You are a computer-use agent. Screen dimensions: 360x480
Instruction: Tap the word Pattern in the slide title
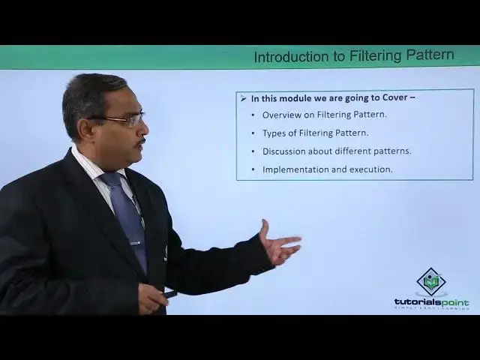coord(429,56)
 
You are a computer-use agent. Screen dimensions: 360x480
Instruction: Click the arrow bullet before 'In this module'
coord(242,98)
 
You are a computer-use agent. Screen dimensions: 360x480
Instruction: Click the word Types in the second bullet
coord(274,133)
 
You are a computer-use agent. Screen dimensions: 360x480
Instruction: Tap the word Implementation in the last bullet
coord(295,169)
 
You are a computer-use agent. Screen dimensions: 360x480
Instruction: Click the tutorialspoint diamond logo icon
coord(431,282)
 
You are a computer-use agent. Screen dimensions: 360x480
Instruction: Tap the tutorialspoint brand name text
coord(431,302)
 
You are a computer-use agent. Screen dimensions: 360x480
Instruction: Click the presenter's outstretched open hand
coord(279,246)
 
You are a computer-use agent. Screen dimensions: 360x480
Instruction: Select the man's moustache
coord(140,141)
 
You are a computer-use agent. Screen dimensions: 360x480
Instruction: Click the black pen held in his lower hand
coord(170,294)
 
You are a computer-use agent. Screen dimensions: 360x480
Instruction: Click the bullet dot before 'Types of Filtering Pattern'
coord(253,133)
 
